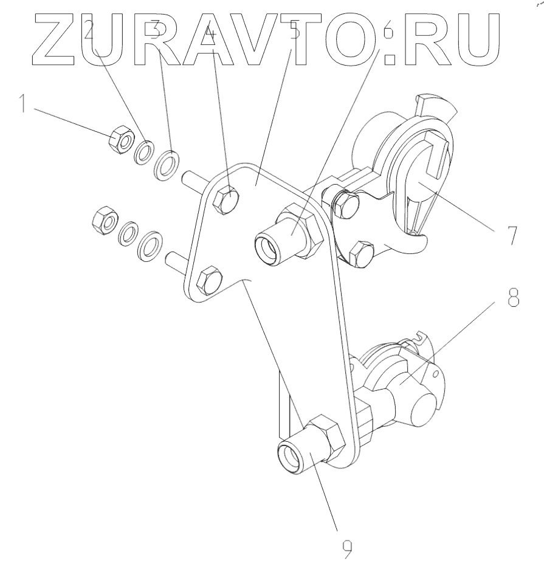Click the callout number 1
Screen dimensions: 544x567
pyautogui.click(x=22, y=103)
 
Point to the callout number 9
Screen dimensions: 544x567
pyautogui.click(x=345, y=548)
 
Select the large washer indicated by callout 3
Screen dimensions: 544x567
pyautogui.click(x=168, y=164)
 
